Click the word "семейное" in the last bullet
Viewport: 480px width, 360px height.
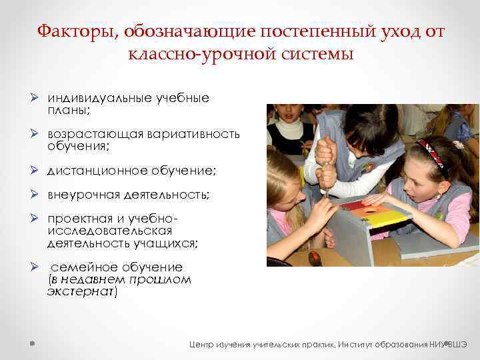pos(79,267)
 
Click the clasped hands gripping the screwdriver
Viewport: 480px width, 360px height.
pos(325,163)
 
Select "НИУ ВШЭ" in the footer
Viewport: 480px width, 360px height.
pos(449,345)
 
